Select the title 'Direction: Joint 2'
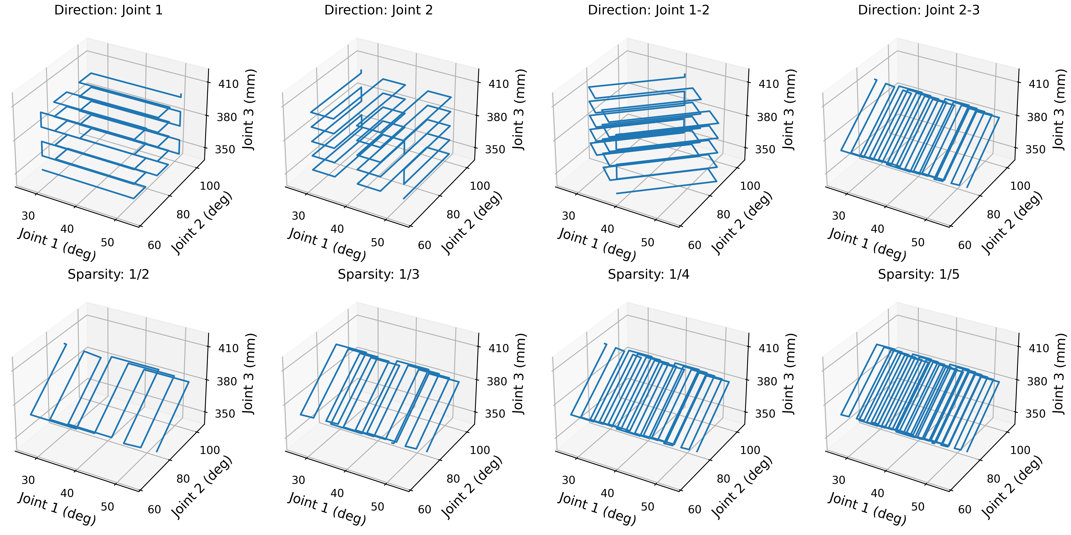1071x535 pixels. (378, 10)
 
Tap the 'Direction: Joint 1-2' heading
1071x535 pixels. (648, 10)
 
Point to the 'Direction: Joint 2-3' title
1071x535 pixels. (918, 10)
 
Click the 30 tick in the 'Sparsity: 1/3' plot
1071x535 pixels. (298, 480)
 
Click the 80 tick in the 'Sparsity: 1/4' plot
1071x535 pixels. (723, 479)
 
